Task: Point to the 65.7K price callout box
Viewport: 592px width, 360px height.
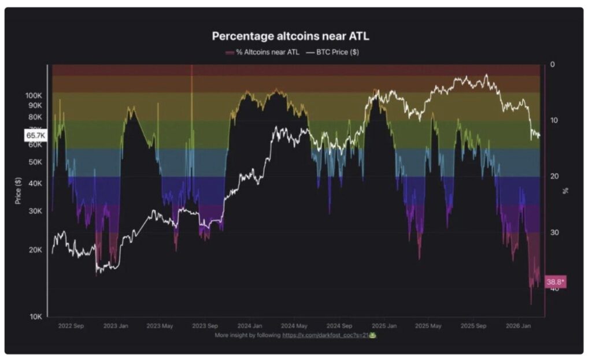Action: pos(36,135)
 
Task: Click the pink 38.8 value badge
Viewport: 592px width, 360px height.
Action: pos(555,282)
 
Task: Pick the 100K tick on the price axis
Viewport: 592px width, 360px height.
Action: pos(34,95)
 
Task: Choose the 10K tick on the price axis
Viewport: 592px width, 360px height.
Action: pos(36,317)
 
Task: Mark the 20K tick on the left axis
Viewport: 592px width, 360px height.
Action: pos(36,250)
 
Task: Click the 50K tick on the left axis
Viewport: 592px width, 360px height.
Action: pos(36,162)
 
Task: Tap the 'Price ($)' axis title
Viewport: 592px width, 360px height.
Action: pos(18,191)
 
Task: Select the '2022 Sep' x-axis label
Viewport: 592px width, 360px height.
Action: pos(71,326)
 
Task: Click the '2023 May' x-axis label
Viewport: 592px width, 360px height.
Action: pos(161,326)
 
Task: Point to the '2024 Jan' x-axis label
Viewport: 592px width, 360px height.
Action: pos(250,326)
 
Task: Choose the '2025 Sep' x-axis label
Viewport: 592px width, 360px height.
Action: pos(473,326)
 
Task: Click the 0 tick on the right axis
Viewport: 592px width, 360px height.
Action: pos(553,64)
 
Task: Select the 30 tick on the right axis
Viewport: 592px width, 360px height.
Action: pos(554,232)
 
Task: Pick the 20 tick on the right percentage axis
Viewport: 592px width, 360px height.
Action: pos(554,176)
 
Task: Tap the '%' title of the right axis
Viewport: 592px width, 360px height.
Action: pos(566,191)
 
